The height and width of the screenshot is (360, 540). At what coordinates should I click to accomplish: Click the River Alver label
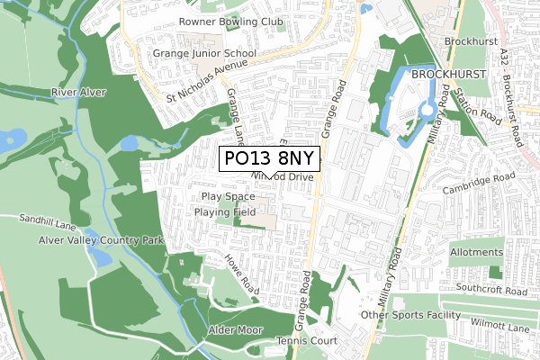point(78,93)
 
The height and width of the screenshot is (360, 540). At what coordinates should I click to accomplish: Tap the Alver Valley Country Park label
point(101,241)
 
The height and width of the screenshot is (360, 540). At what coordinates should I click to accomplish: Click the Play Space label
point(228,196)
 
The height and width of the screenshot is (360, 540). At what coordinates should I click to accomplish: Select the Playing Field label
point(226,212)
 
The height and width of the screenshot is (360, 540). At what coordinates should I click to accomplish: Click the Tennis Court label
point(280,341)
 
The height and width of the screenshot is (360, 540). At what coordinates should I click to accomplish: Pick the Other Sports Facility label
point(409,316)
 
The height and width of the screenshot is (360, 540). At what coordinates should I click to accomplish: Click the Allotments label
point(474,253)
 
